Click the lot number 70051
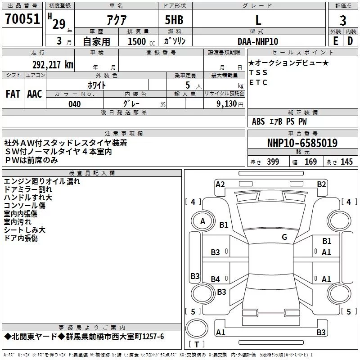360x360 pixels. click(x=22, y=19)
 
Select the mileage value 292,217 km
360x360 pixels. click(x=53, y=65)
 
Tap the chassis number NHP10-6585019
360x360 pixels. click(x=302, y=143)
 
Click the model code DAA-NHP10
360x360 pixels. click(x=258, y=41)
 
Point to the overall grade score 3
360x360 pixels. click(x=343, y=21)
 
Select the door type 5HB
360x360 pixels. click(x=174, y=20)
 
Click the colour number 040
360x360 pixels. click(x=75, y=104)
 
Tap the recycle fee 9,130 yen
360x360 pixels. click(x=230, y=104)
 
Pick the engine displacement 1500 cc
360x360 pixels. click(x=141, y=41)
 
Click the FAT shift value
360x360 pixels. click(x=13, y=94)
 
